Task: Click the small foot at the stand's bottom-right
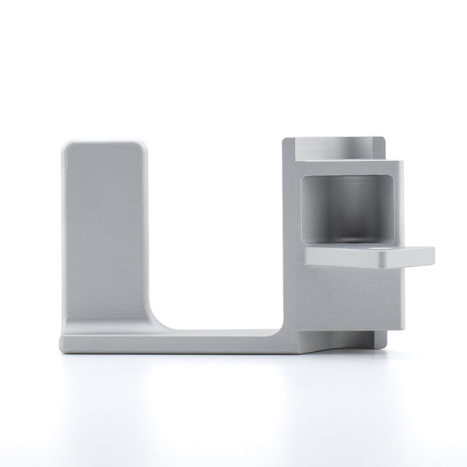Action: pyautogui.click(x=377, y=339)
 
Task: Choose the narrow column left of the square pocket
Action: pyautogui.click(x=290, y=233)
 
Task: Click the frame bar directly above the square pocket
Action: pyautogui.click(x=350, y=167)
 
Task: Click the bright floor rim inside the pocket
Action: pyautogui.click(x=354, y=238)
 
